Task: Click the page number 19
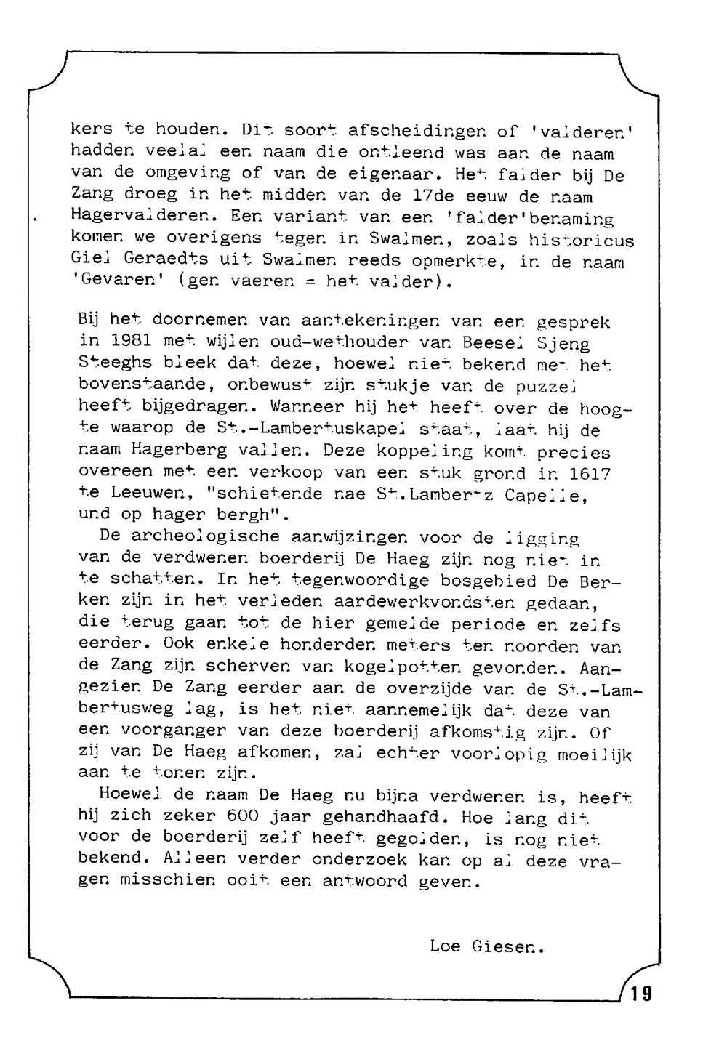point(641,992)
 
